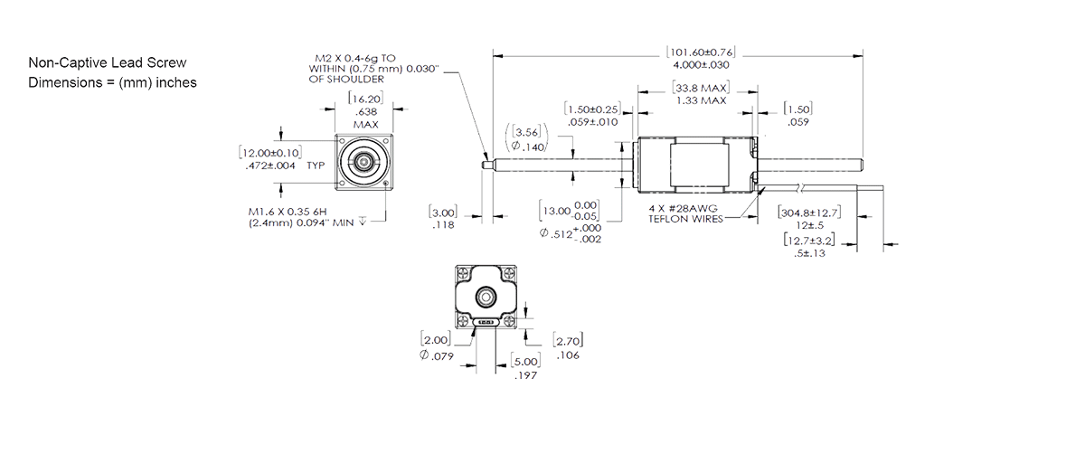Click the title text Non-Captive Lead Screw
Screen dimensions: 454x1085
(x=108, y=63)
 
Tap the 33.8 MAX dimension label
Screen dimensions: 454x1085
(x=702, y=89)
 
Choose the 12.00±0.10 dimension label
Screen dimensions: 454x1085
(x=270, y=153)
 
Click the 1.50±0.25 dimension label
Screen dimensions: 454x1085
(x=592, y=109)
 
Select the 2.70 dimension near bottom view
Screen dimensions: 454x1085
(x=569, y=341)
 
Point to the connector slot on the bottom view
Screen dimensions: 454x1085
(x=485, y=321)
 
